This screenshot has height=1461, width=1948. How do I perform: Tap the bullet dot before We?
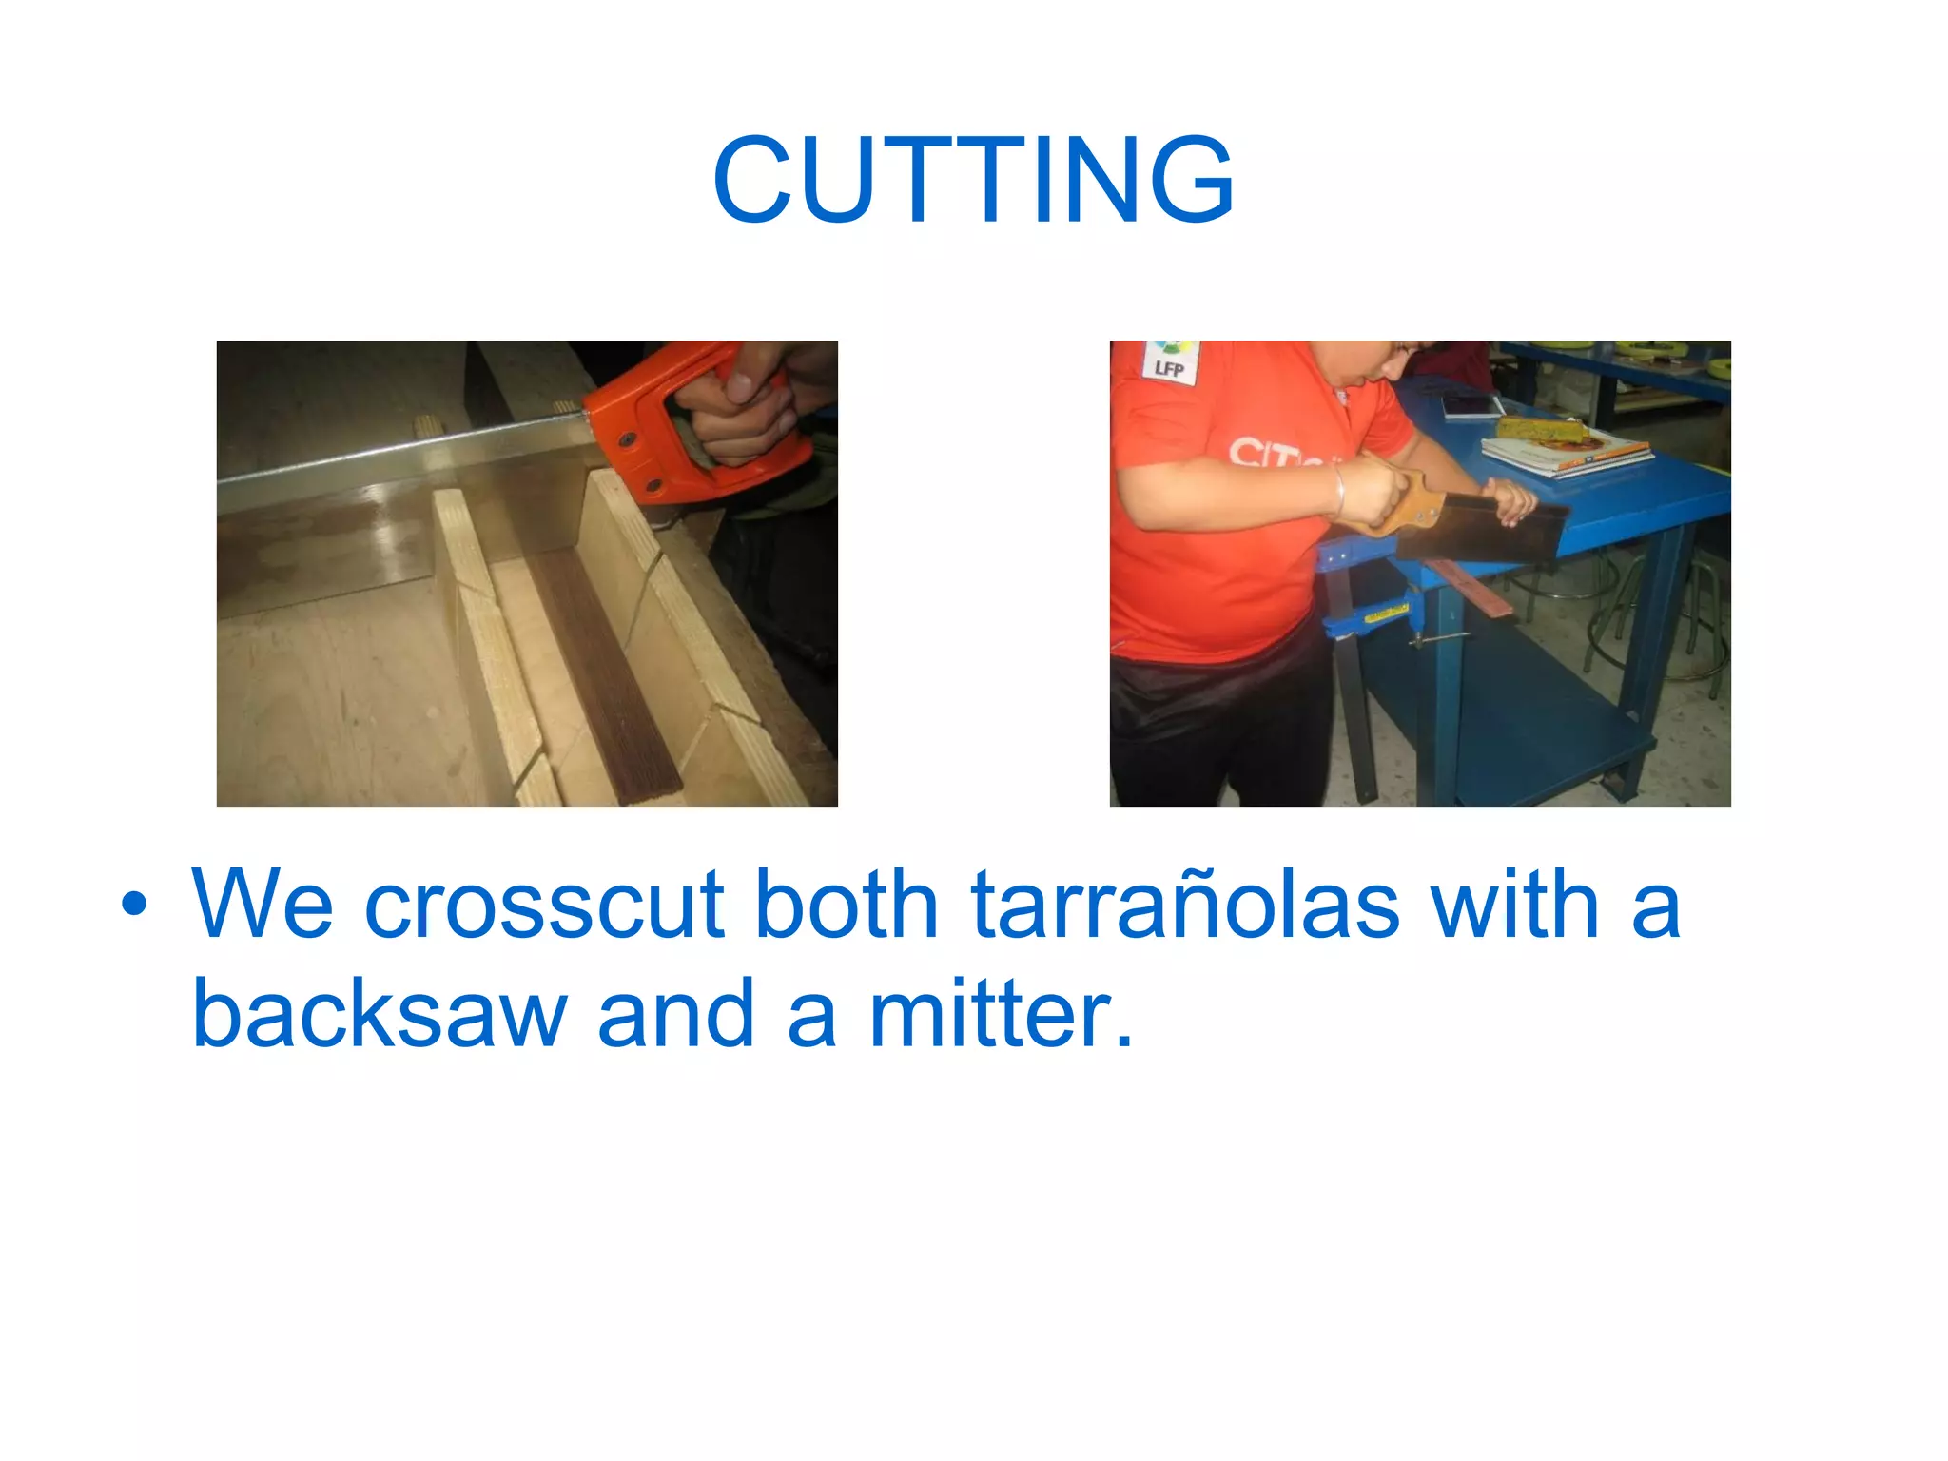point(134,906)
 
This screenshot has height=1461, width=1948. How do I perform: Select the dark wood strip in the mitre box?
point(609,666)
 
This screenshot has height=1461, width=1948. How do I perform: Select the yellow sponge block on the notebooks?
point(1541,428)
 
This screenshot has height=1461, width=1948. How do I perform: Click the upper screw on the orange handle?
point(628,440)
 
